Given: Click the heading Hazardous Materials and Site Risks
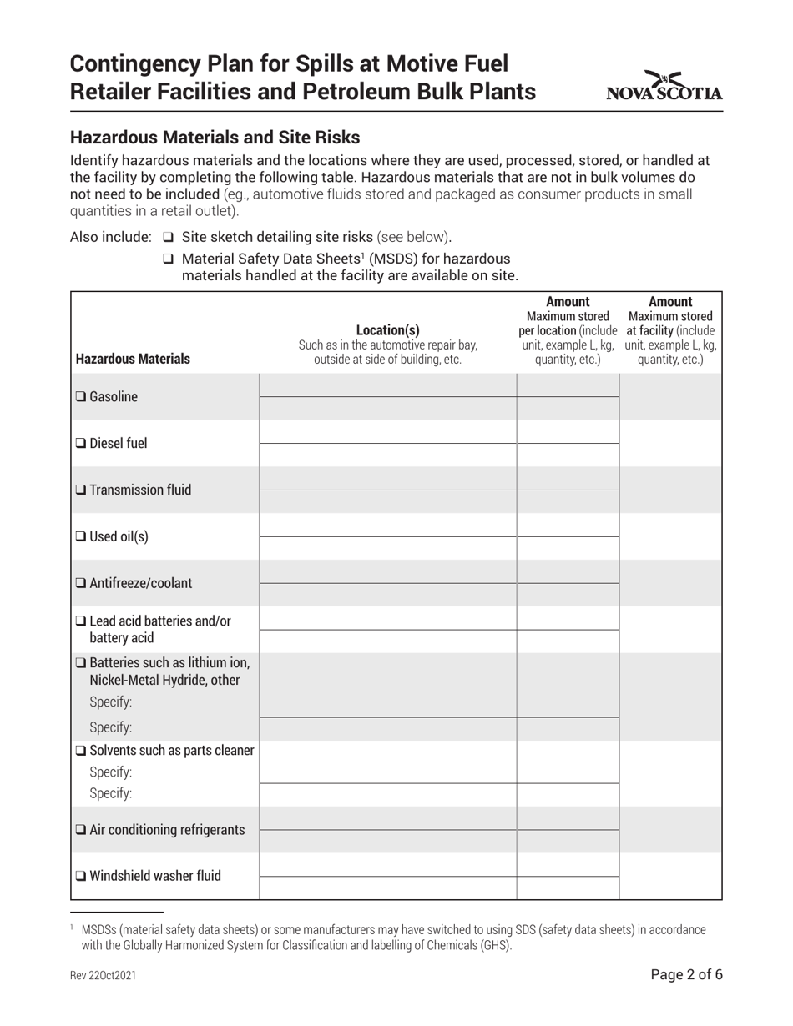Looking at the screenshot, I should (215, 138).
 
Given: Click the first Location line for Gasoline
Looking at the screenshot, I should (387, 385).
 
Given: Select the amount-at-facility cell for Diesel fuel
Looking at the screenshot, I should (670, 444).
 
